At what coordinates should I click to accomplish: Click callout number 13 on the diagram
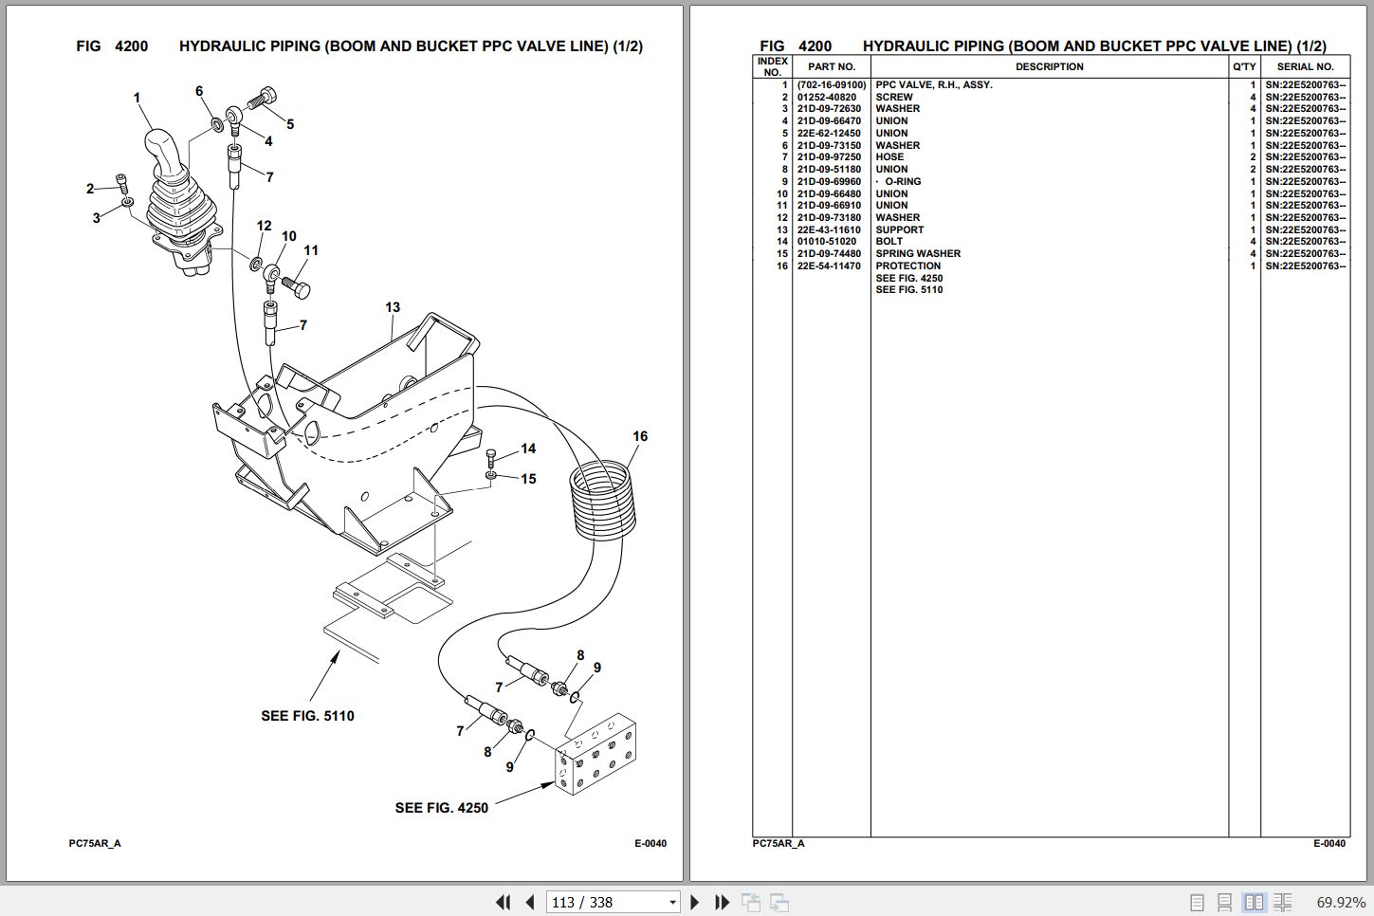[x=393, y=307]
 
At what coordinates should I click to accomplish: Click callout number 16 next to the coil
[x=640, y=436]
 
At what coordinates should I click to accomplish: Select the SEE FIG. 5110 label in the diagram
[x=307, y=716]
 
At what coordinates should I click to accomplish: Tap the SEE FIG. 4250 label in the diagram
[x=441, y=808]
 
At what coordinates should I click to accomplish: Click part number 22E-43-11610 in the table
[x=829, y=229]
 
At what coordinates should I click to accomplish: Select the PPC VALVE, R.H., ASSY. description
[x=933, y=84]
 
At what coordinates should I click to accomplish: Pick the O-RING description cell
[x=903, y=181]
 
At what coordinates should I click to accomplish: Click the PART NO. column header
[x=831, y=66]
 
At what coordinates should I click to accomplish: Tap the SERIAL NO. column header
[x=1305, y=66]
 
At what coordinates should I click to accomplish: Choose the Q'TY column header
[x=1243, y=66]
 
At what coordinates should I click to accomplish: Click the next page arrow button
[x=695, y=902]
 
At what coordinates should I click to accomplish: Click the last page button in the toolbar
[x=722, y=902]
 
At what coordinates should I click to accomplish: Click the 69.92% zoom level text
[x=1340, y=902]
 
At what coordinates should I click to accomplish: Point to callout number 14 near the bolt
[x=528, y=449]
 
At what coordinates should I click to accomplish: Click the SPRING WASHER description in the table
[x=917, y=253]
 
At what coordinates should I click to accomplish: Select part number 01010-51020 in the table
[x=826, y=241]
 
